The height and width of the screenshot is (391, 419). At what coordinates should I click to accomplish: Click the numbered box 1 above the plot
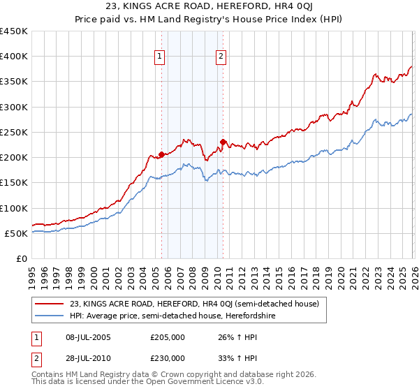pos(160,57)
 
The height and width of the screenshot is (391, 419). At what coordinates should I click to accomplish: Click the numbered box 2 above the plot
pos(221,57)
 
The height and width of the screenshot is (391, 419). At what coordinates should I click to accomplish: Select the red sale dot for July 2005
pos(161,154)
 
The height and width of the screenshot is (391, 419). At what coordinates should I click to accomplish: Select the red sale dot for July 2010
pos(223,142)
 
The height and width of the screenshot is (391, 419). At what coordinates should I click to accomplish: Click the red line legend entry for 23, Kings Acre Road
pos(194,304)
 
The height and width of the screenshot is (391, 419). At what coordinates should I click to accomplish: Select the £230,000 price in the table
pos(168,357)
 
